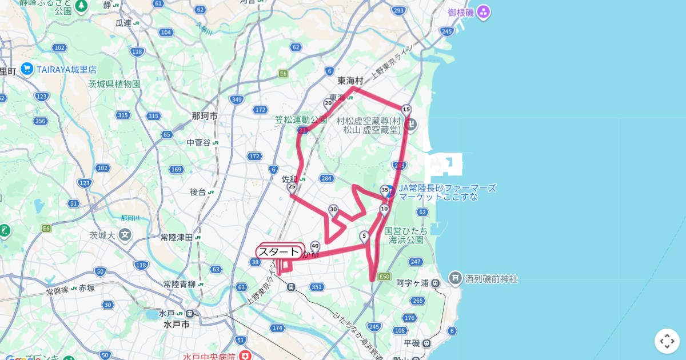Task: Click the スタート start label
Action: coord(279,252)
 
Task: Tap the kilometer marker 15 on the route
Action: coord(406,109)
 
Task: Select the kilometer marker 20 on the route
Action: coord(328,103)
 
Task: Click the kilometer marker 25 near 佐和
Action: coord(292,187)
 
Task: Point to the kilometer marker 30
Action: coord(333,210)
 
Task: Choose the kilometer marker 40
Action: coord(315,246)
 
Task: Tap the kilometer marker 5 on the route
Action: coord(364,235)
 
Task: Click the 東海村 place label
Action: coord(350,81)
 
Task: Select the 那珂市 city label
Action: coord(205,116)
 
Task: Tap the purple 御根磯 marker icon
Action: coord(484,11)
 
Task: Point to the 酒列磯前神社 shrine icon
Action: coord(456,278)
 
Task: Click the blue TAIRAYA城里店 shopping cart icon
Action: coord(27,69)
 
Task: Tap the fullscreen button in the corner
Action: coord(667,341)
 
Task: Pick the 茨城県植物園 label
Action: coord(114,84)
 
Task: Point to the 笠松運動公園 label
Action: coord(301,119)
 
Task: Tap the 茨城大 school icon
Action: coord(125,234)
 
